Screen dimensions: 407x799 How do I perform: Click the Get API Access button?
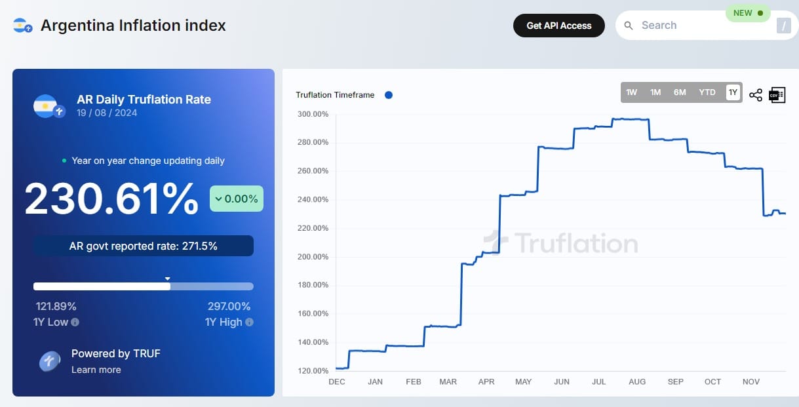pos(558,26)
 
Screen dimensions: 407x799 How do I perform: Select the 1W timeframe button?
pos(631,92)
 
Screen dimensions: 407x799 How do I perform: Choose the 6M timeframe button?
pos(680,92)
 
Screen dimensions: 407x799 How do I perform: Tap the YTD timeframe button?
pos(707,92)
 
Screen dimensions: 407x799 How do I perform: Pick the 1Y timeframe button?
pos(733,92)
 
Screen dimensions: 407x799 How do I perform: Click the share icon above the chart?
pos(756,95)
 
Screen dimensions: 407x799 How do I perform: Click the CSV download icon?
pos(777,95)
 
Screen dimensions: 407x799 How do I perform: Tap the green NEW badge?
pos(748,13)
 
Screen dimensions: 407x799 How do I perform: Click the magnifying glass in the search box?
pos(629,26)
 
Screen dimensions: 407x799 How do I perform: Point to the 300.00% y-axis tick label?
pos(313,114)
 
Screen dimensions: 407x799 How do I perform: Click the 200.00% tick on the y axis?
pos(313,257)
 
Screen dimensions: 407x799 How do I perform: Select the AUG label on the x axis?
pos(637,381)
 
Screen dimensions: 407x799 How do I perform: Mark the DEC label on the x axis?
pos(336,381)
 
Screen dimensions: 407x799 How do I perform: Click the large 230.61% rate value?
pos(111,199)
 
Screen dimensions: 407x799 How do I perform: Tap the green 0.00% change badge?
pos(237,199)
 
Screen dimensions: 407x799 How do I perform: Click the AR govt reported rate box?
pos(144,246)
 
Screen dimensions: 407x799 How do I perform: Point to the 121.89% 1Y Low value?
pos(56,306)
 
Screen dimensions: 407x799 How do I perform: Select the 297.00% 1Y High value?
pos(229,306)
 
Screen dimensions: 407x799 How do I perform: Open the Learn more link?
pos(96,370)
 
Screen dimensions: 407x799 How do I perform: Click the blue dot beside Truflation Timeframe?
pos(389,95)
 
